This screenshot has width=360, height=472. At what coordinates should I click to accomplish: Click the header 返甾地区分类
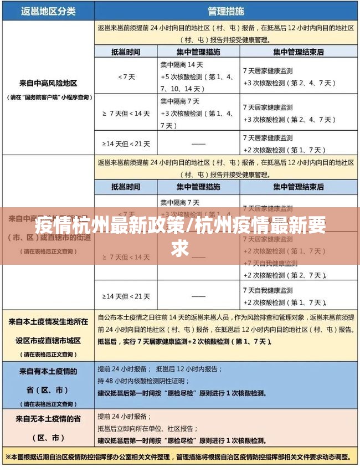click(x=48, y=11)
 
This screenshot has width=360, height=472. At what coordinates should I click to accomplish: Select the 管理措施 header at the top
click(x=225, y=11)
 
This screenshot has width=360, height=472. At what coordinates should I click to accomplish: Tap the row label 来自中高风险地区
click(x=48, y=83)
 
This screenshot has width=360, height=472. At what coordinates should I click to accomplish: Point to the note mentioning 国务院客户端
click(x=48, y=98)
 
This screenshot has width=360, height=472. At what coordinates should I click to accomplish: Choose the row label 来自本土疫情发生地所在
click(x=48, y=321)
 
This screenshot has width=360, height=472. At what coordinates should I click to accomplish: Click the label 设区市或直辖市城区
click(x=48, y=340)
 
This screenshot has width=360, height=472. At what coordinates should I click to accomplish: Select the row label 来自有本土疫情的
click(x=48, y=371)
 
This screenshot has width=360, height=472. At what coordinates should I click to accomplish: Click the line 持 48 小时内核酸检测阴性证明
click(x=143, y=381)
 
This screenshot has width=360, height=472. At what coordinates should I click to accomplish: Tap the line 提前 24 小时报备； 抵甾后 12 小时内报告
click(x=161, y=369)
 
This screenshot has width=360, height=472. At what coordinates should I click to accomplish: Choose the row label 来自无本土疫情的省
click(x=48, y=418)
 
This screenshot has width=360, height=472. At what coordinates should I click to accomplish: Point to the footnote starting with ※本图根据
click(x=180, y=458)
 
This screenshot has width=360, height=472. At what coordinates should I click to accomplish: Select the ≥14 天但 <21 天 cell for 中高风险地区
click(x=126, y=143)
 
